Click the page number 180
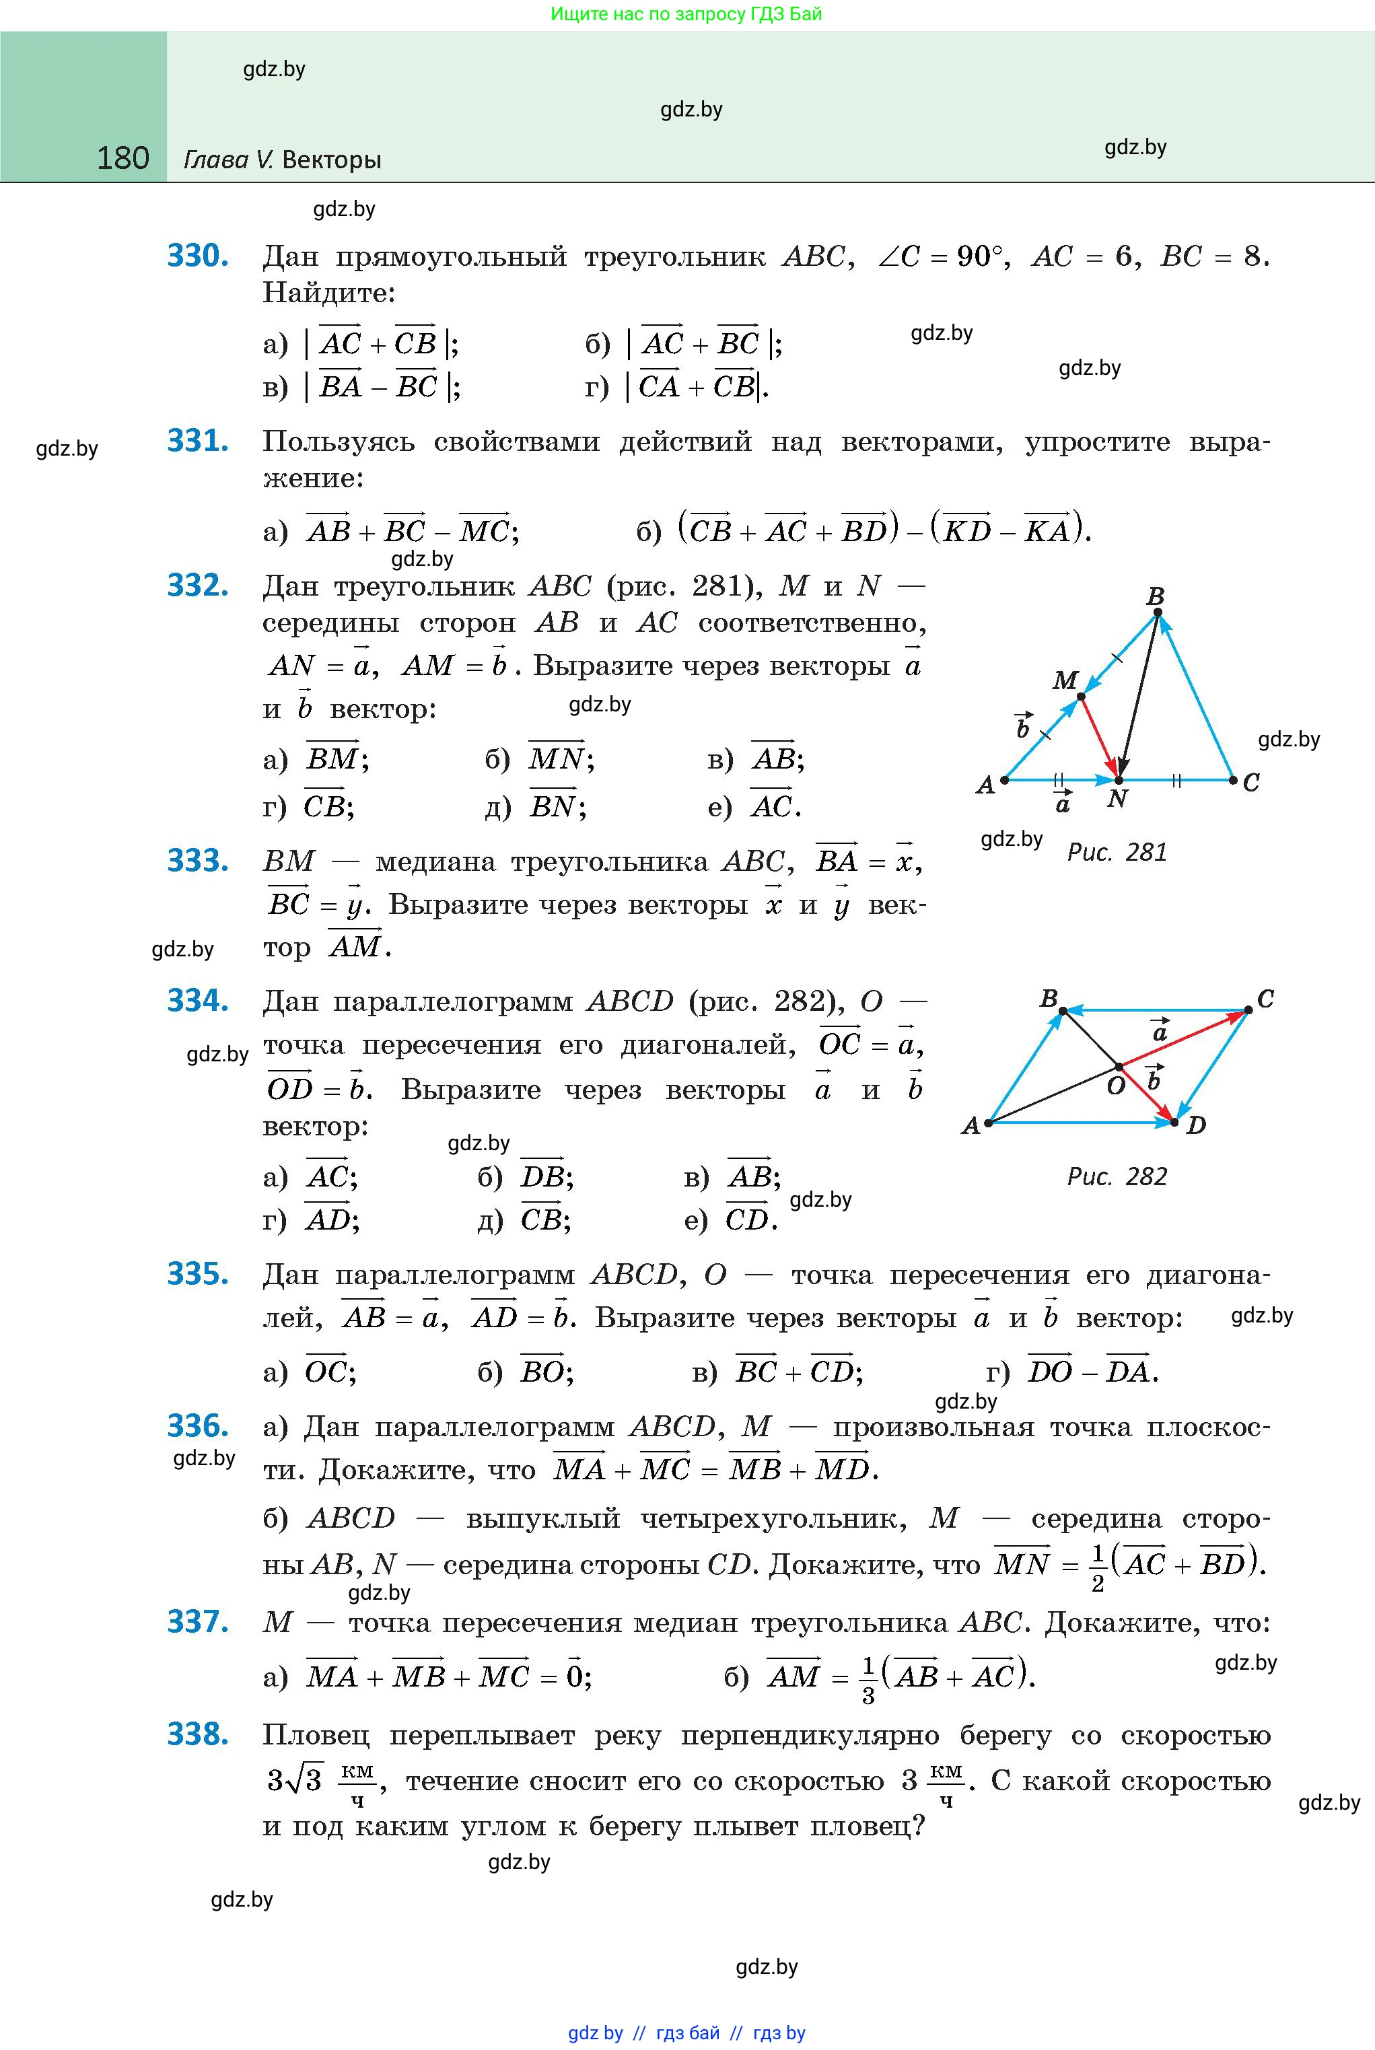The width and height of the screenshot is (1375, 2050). click(122, 159)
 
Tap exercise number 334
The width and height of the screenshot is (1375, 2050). click(198, 1001)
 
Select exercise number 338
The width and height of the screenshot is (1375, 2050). click(198, 1734)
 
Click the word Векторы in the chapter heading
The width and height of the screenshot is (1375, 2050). click(332, 160)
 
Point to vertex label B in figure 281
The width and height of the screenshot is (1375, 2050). click(1155, 597)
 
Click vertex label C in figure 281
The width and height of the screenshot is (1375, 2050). click(1251, 781)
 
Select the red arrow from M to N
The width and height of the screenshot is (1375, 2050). click(1100, 738)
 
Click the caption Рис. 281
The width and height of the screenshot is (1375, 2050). click(1117, 852)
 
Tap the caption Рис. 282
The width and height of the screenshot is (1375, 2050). click(1117, 1176)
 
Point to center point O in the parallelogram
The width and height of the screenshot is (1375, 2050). click(1119, 1067)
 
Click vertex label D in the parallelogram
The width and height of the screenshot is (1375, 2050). click(1195, 1125)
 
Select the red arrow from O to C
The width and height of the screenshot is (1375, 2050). click(1184, 1039)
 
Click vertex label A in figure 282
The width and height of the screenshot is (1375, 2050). click(971, 1125)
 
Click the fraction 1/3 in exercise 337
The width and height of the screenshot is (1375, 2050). click(868, 1679)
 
